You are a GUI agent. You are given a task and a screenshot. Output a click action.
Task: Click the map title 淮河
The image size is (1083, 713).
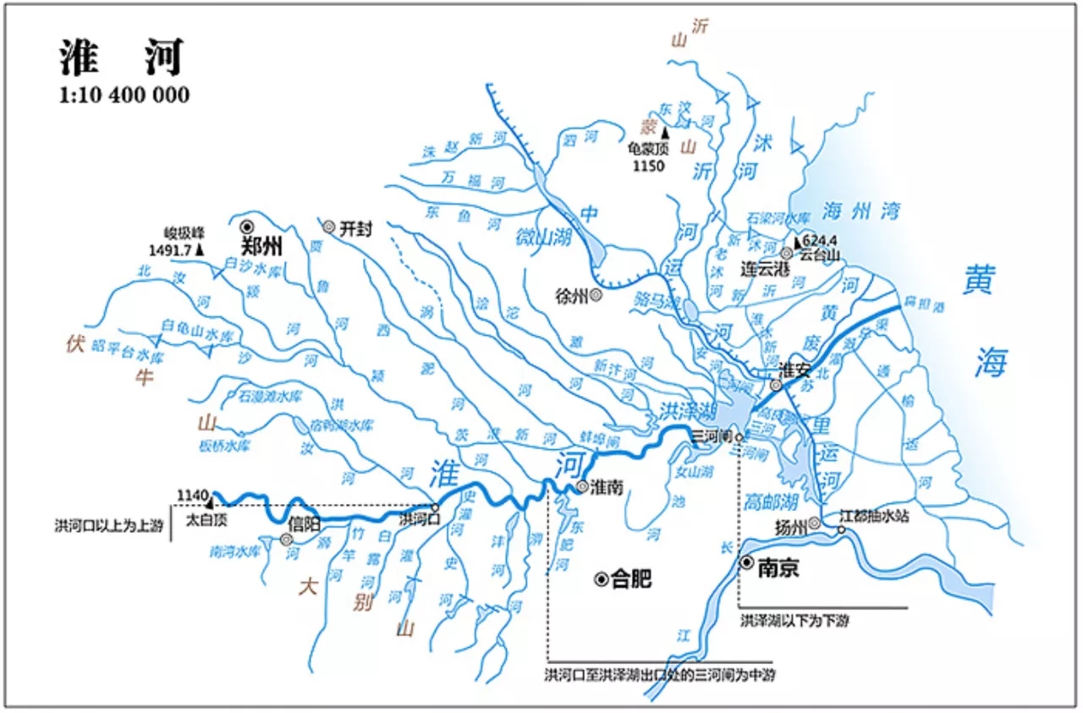coord(121,58)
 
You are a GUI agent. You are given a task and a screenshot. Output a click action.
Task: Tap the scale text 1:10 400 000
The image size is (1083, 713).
coord(124,95)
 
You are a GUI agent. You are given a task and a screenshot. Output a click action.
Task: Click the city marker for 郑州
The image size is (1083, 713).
coord(247,226)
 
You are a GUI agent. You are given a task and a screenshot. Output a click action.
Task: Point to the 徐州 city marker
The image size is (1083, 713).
coord(596,295)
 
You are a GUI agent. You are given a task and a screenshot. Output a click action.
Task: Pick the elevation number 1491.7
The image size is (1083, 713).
coord(170,250)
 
